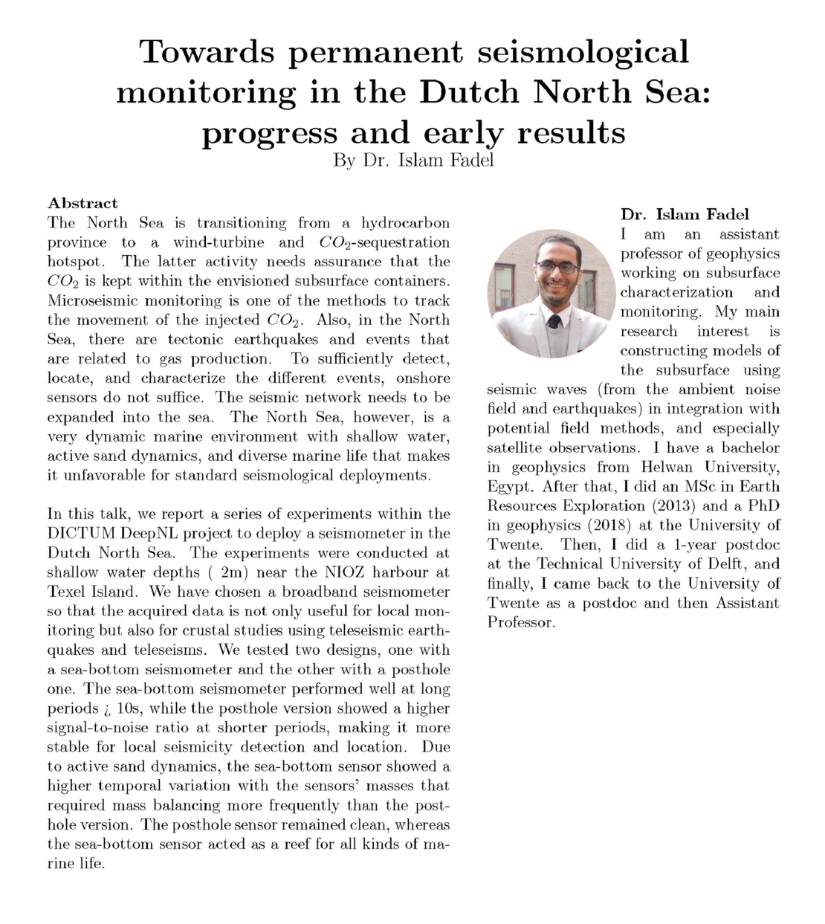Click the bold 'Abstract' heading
coord(82,203)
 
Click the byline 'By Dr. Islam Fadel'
coord(413,161)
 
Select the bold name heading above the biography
coord(685,215)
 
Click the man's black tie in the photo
coord(554,321)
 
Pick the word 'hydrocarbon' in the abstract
coord(405,223)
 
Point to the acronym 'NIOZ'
coord(344,572)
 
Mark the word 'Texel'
coord(66,592)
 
